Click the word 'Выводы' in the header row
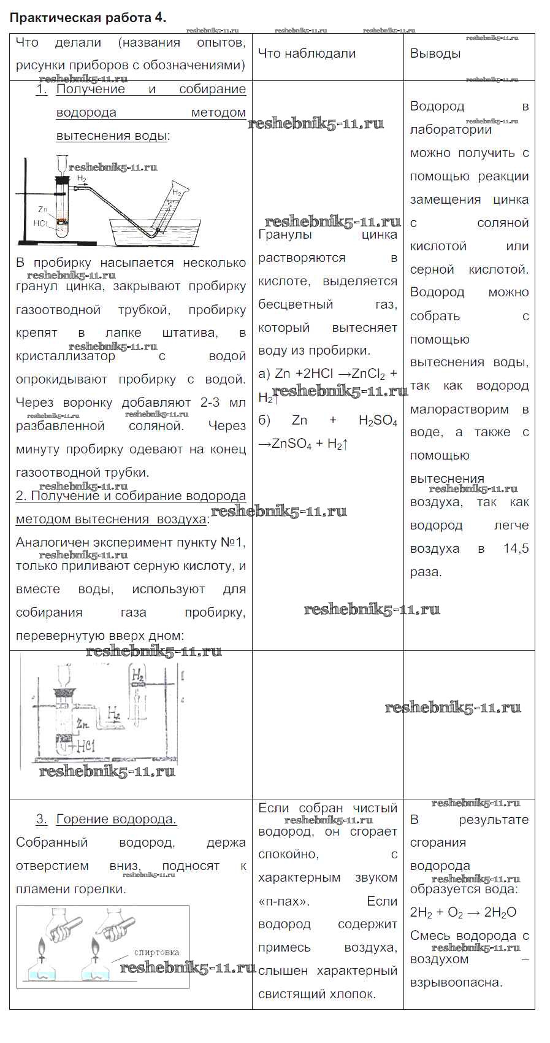coord(435,53)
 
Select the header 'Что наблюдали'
coord(307,53)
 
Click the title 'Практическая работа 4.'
coord(88,17)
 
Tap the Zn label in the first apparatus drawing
coord(42,209)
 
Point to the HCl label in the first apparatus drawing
coord(40,223)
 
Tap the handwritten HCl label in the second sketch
coord(83,747)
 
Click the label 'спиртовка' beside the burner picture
coord(156,952)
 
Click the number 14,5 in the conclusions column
coord(516,548)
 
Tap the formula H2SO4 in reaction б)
coord(378,421)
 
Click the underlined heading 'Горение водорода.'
coord(116,819)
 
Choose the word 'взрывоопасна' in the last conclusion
coord(456,982)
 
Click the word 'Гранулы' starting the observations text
coord(285,235)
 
